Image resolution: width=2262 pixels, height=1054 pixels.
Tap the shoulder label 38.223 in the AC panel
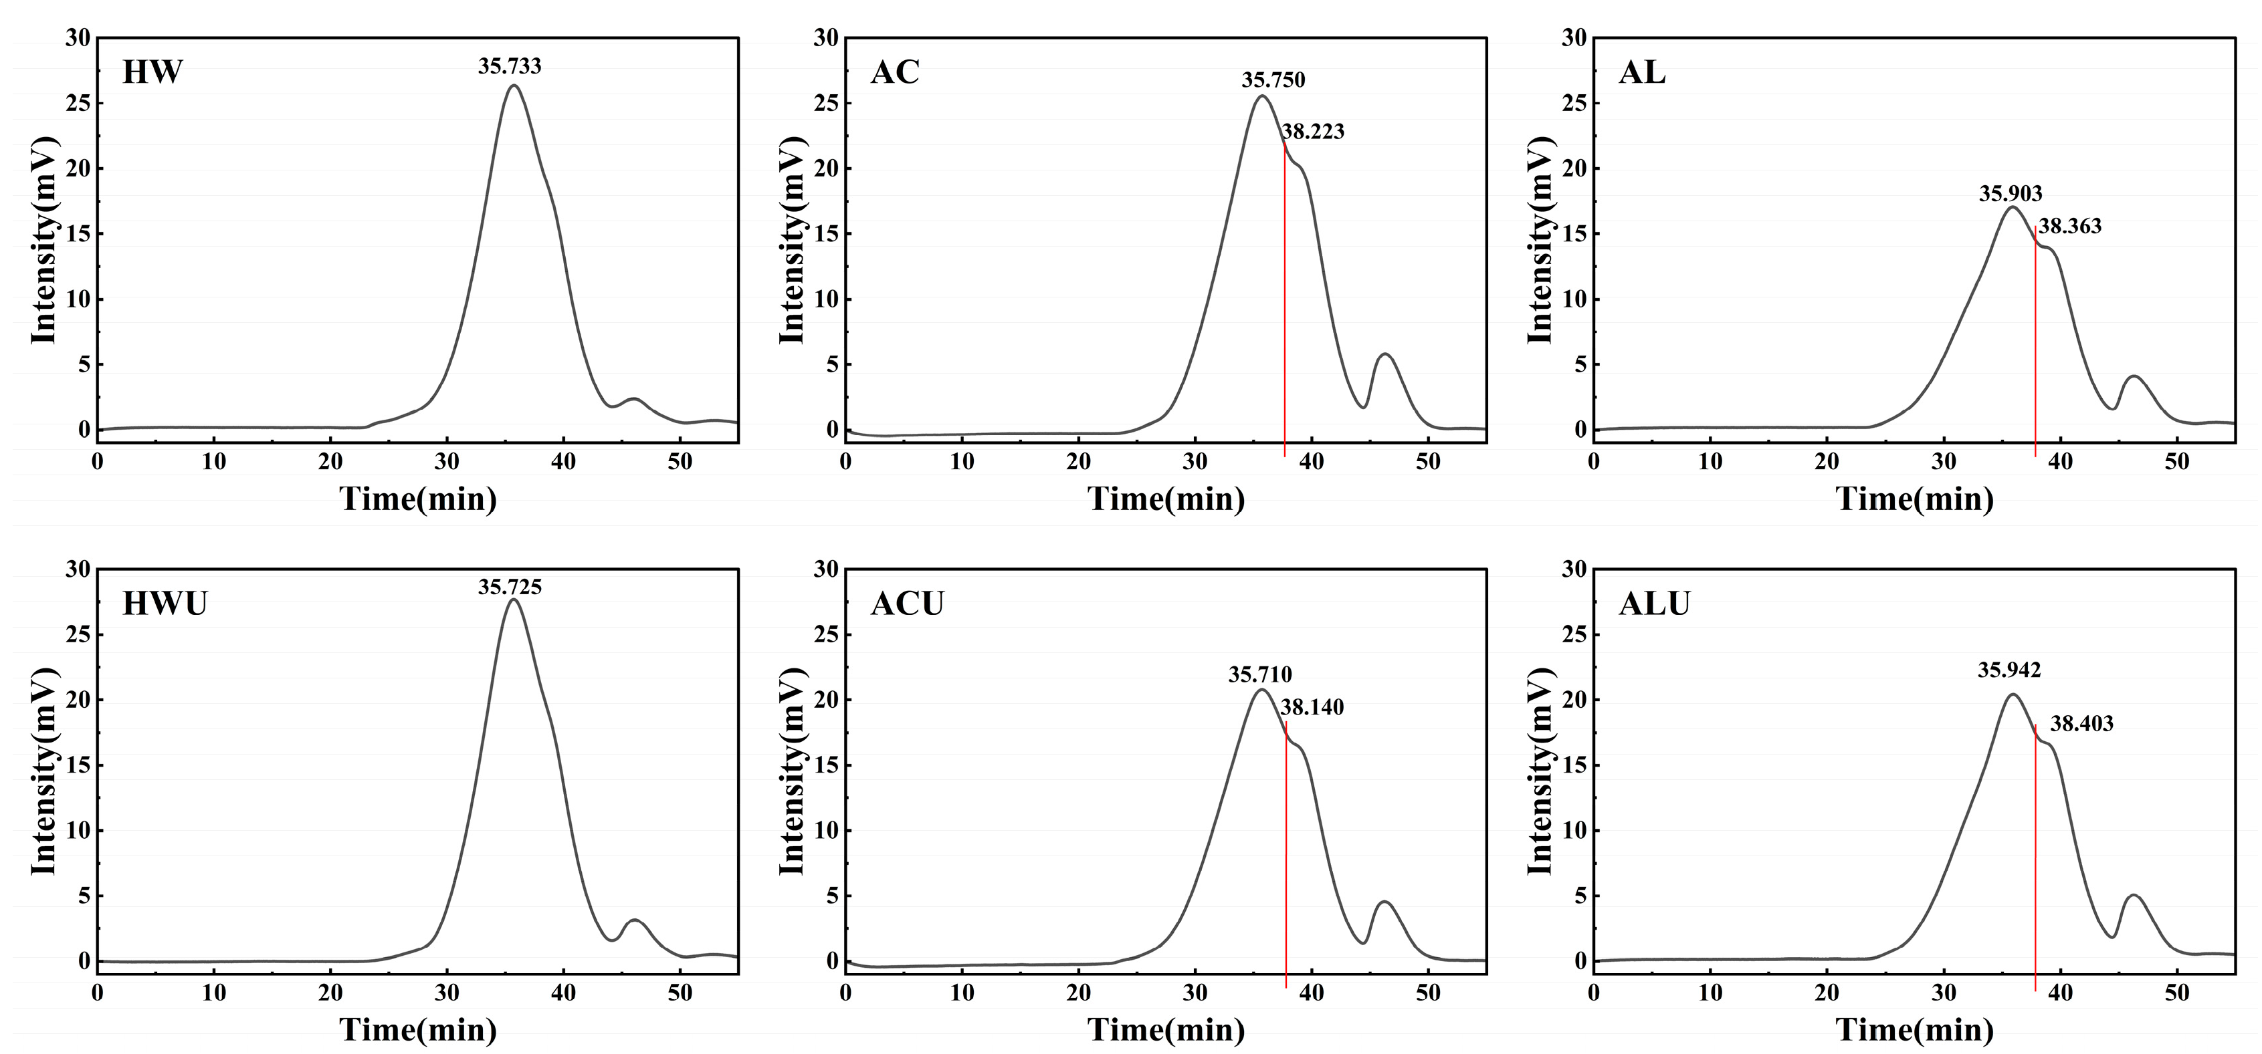point(1313,132)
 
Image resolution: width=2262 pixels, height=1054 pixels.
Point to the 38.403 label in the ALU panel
point(2081,724)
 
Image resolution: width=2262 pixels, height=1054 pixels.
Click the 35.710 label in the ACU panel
point(1259,675)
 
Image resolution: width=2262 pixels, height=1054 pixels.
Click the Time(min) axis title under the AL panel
point(1914,499)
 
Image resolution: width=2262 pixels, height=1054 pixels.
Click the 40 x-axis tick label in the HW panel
point(563,462)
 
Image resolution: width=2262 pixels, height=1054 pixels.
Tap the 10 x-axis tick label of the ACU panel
point(962,993)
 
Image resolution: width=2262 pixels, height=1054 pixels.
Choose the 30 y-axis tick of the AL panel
point(1574,37)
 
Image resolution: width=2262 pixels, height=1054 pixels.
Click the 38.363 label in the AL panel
point(2069,227)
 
